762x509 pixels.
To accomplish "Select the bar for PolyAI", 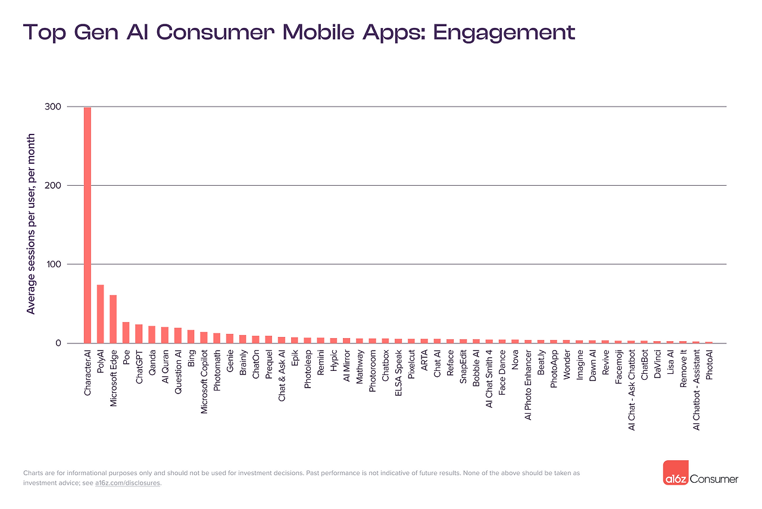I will point(101,314).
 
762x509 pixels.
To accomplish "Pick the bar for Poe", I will point(126,332).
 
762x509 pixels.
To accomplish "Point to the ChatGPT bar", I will point(139,333).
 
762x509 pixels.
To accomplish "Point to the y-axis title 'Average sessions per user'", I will point(31,224).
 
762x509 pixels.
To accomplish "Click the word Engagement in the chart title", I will point(504,32).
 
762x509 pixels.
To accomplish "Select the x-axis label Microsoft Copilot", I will point(204,380).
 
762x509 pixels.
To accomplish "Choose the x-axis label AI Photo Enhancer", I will point(528,385).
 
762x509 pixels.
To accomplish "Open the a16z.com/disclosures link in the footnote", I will point(127,483).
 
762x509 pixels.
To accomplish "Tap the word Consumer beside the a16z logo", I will point(714,479).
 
